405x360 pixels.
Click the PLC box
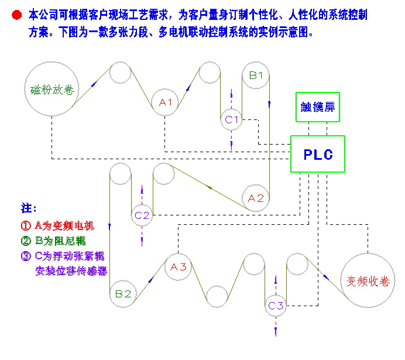(x=318, y=154)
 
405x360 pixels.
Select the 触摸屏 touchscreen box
(x=317, y=107)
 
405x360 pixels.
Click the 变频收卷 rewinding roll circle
(x=368, y=281)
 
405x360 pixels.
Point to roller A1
(x=166, y=102)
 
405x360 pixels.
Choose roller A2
(x=256, y=198)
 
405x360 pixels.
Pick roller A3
(x=178, y=267)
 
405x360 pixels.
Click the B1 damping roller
(x=256, y=75)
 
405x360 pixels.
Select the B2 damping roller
(x=123, y=294)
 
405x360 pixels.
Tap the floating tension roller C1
(x=232, y=119)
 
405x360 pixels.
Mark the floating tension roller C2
(x=142, y=215)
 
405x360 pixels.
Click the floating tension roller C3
(x=276, y=305)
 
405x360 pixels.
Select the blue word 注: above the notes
(x=29, y=208)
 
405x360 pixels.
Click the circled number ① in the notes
(x=26, y=225)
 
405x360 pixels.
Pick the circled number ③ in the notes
(x=26, y=256)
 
